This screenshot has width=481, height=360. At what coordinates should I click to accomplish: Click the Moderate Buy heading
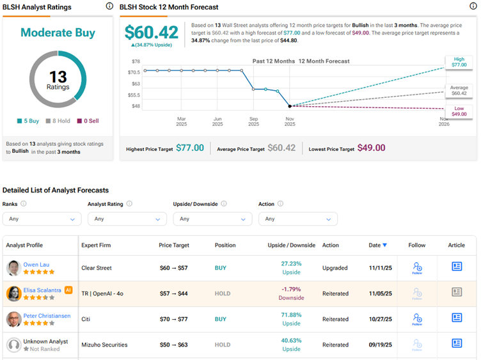[x=58, y=33]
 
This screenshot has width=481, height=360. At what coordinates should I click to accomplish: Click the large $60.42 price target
[x=152, y=33]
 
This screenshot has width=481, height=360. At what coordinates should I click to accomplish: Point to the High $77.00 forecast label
[x=459, y=62]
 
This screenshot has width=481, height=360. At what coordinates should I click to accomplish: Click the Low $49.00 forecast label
[x=459, y=111]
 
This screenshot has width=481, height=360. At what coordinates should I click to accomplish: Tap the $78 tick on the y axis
[x=136, y=61]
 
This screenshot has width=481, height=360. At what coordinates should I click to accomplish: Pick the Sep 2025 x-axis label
[x=254, y=121]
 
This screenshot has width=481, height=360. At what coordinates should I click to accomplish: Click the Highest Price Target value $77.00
[x=190, y=148]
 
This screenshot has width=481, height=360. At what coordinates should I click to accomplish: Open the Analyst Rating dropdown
[x=127, y=219]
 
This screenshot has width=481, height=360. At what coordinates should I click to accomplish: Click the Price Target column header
[x=175, y=246]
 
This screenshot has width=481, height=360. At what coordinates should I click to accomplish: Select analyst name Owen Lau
[x=35, y=264]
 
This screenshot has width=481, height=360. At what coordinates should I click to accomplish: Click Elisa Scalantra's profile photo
[x=13, y=293]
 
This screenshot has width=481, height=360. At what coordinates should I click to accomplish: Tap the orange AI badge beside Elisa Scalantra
[x=68, y=290]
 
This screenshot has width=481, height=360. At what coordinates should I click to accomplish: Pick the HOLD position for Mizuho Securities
[x=223, y=345]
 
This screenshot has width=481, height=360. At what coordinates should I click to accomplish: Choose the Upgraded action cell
[x=336, y=268]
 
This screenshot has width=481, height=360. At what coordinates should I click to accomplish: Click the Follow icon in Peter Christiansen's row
[x=417, y=318]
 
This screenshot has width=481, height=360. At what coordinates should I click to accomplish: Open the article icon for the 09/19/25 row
[x=457, y=344]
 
